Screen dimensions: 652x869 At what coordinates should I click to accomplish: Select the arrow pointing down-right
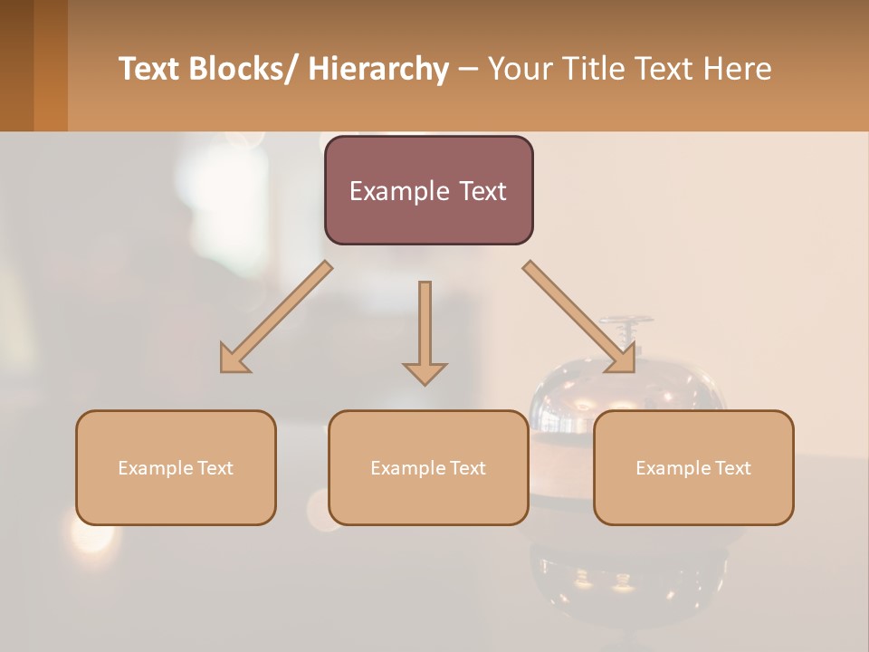[579, 317]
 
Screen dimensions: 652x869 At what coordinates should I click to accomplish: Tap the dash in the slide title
[468, 69]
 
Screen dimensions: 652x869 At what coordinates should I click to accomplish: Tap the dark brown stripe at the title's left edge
[16, 65]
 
